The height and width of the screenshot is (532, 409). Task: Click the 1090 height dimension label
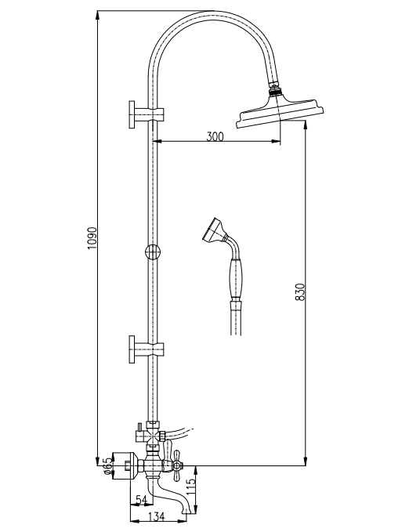coord(92,238)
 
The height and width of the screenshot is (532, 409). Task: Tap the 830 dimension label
coord(300,291)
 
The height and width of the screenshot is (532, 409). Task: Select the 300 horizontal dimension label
coord(215,136)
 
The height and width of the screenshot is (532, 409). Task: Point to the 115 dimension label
coord(191,486)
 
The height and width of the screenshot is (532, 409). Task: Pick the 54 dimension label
coord(141,499)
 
